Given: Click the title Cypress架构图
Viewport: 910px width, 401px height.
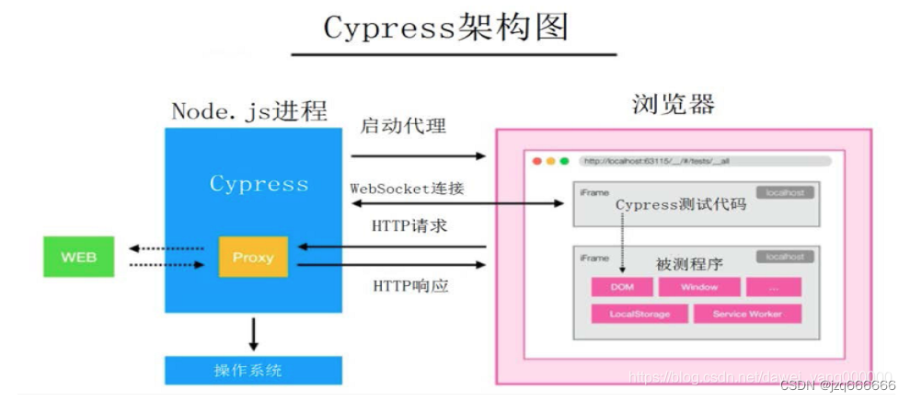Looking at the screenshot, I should point(445,28).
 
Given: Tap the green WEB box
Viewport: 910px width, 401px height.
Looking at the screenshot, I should point(78,257).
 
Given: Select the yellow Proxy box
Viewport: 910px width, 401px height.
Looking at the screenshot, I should point(253,257).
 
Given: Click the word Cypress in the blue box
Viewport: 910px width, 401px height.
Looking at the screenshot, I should point(259,184).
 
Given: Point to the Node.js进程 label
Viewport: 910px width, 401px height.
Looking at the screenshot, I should point(248,111).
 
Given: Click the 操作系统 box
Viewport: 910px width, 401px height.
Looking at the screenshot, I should point(253,371).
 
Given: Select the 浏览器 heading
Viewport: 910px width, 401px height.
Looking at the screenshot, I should point(674,104).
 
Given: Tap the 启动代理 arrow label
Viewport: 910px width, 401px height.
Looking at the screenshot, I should point(403,125).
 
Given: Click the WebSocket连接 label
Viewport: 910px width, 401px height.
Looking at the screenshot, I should point(407,188).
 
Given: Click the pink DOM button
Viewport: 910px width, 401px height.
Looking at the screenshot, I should point(622,287).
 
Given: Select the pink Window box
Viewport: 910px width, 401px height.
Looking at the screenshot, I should point(699,287).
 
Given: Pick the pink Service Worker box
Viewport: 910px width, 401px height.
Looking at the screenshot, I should point(747,314).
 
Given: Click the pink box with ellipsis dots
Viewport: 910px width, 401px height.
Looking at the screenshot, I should point(773,287).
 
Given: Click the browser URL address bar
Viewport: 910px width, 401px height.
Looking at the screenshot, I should point(705,161).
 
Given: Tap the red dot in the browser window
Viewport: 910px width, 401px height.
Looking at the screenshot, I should point(536,161).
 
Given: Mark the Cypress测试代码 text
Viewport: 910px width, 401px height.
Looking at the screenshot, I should point(680,204).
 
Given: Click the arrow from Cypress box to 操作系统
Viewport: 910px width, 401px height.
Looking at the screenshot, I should point(253,331).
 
